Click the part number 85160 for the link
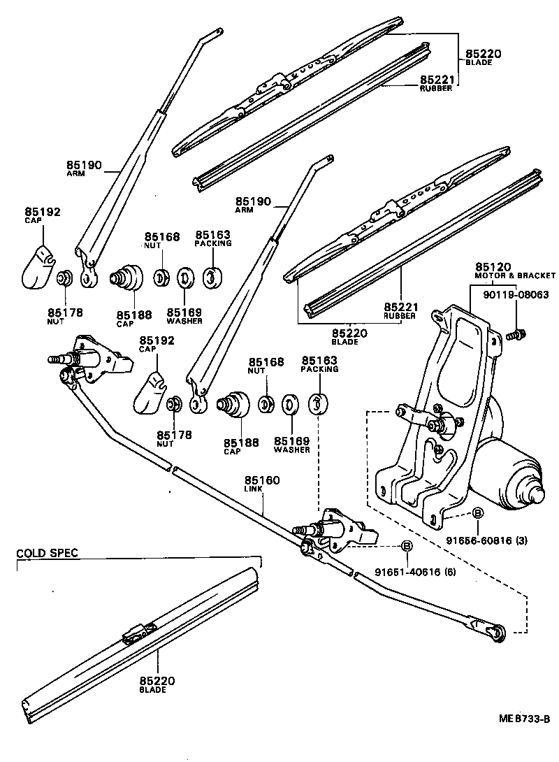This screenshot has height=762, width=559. click(262, 480)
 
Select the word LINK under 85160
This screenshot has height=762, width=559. click(254, 489)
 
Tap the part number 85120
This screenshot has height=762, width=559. click(494, 267)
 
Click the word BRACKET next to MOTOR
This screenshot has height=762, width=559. click(537, 276)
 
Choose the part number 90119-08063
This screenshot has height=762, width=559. click(516, 295)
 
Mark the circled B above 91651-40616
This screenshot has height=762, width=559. click(407, 547)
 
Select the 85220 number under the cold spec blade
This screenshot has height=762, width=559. click(157, 681)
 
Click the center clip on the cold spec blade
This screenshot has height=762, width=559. click(136, 633)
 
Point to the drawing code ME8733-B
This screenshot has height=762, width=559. click(525, 719)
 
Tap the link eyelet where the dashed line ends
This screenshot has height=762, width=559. click(498, 631)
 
